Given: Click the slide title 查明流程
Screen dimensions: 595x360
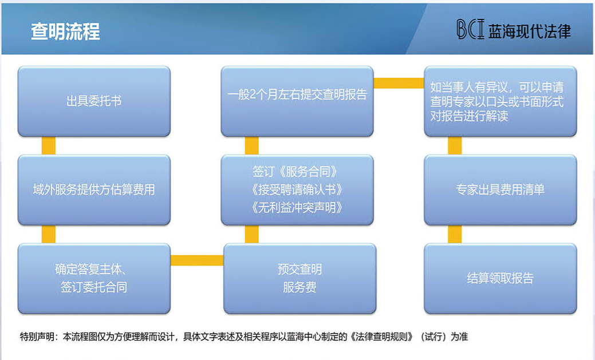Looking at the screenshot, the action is [x=65, y=31].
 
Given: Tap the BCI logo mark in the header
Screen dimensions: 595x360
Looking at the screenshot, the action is [x=471, y=30].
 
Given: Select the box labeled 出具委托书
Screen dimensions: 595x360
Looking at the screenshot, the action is [x=94, y=101].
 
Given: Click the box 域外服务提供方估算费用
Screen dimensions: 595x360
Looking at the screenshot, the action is [x=94, y=189].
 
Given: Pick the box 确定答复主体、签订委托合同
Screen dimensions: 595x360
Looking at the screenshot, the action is [x=94, y=278].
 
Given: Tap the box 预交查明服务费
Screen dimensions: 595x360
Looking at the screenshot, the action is [x=300, y=278].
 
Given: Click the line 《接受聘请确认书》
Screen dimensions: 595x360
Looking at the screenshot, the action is [x=297, y=189].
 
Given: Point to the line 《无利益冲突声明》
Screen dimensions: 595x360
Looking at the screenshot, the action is [x=297, y=207].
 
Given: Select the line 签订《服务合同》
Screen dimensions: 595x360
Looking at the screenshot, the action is [x=295, y=172].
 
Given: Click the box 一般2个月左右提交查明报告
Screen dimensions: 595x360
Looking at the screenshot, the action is [x=297, y=101].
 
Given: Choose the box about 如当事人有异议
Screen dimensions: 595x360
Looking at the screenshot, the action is [x=500, y=101].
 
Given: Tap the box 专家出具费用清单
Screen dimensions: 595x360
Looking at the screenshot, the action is [x=500, y=189].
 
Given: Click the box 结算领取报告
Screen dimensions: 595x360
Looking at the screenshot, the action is [x=500, y=278].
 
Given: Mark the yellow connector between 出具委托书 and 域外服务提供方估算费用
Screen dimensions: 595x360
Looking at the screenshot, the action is [x=49, y=146].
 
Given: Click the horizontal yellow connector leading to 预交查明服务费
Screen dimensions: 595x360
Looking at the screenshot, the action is [x=197, y=260].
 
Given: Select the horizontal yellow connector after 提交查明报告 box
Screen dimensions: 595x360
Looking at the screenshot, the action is [x=399, y=83].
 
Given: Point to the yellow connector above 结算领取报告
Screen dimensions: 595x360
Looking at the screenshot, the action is [x=455, y=234].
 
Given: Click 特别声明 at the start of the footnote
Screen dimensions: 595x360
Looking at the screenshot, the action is [x=37, y=337].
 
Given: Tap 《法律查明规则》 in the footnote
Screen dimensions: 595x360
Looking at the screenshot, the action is [x=382, y=337].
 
